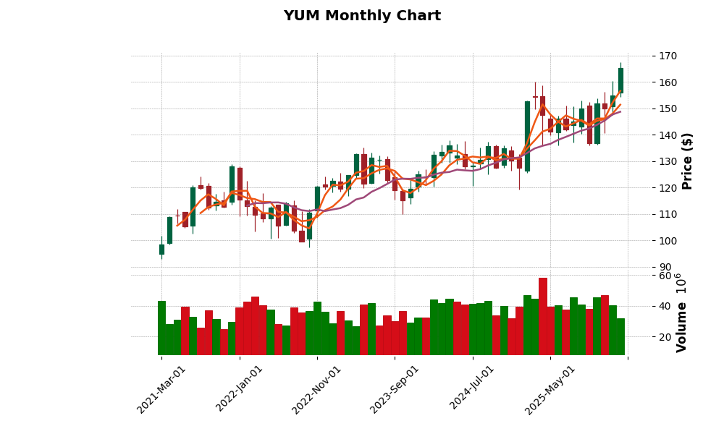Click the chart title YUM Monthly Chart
[362, 16]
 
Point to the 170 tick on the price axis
[668, 56]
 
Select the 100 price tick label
[668, 241]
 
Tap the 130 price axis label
[668, 161]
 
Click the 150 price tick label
[668, 109]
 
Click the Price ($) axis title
[687, 161]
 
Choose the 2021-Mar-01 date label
[162, 389]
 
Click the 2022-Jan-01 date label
[240, 389]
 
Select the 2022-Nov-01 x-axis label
[317, 389]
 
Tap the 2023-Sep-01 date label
[395, 389]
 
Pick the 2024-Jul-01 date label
[473, 389]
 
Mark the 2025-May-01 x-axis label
[551, 389]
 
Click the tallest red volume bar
[543, 316]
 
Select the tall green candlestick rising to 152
[527, 136]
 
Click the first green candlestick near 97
[161, 250]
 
